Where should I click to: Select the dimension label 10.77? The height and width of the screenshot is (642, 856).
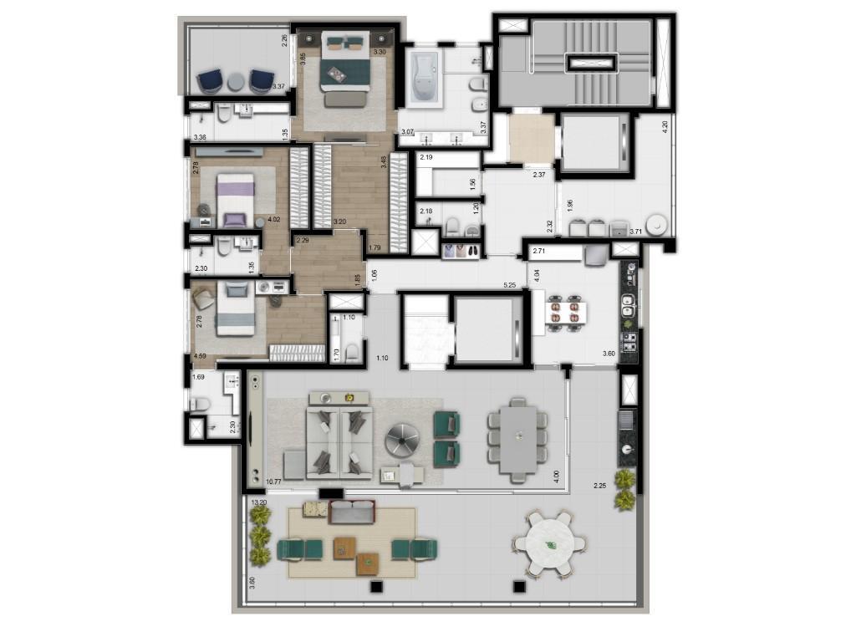(x=273, y=482)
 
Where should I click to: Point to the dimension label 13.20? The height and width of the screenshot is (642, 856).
(x=258, y=503)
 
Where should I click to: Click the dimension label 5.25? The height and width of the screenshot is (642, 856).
(x=509, y=285)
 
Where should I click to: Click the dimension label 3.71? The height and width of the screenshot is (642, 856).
(x=635, y=231)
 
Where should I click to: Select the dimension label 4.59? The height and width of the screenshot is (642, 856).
(x=200, y=357)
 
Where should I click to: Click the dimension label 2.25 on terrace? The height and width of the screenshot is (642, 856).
(x=600, y=486)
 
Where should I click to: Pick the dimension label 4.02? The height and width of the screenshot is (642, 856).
(x=273, y=221)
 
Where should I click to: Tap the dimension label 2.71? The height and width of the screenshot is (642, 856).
(x=539, y=251)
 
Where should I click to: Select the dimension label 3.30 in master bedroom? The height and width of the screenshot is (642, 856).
(x=379, y=52)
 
